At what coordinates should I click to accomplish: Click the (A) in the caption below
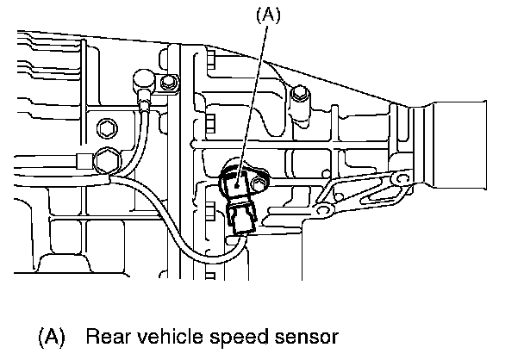pos(52,337)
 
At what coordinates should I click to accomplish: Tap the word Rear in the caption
pos(106,337)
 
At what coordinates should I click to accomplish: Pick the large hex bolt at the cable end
pos(109,161)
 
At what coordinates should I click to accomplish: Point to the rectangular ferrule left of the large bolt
pos(82,159)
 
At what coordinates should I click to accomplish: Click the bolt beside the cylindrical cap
pos(168,84)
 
